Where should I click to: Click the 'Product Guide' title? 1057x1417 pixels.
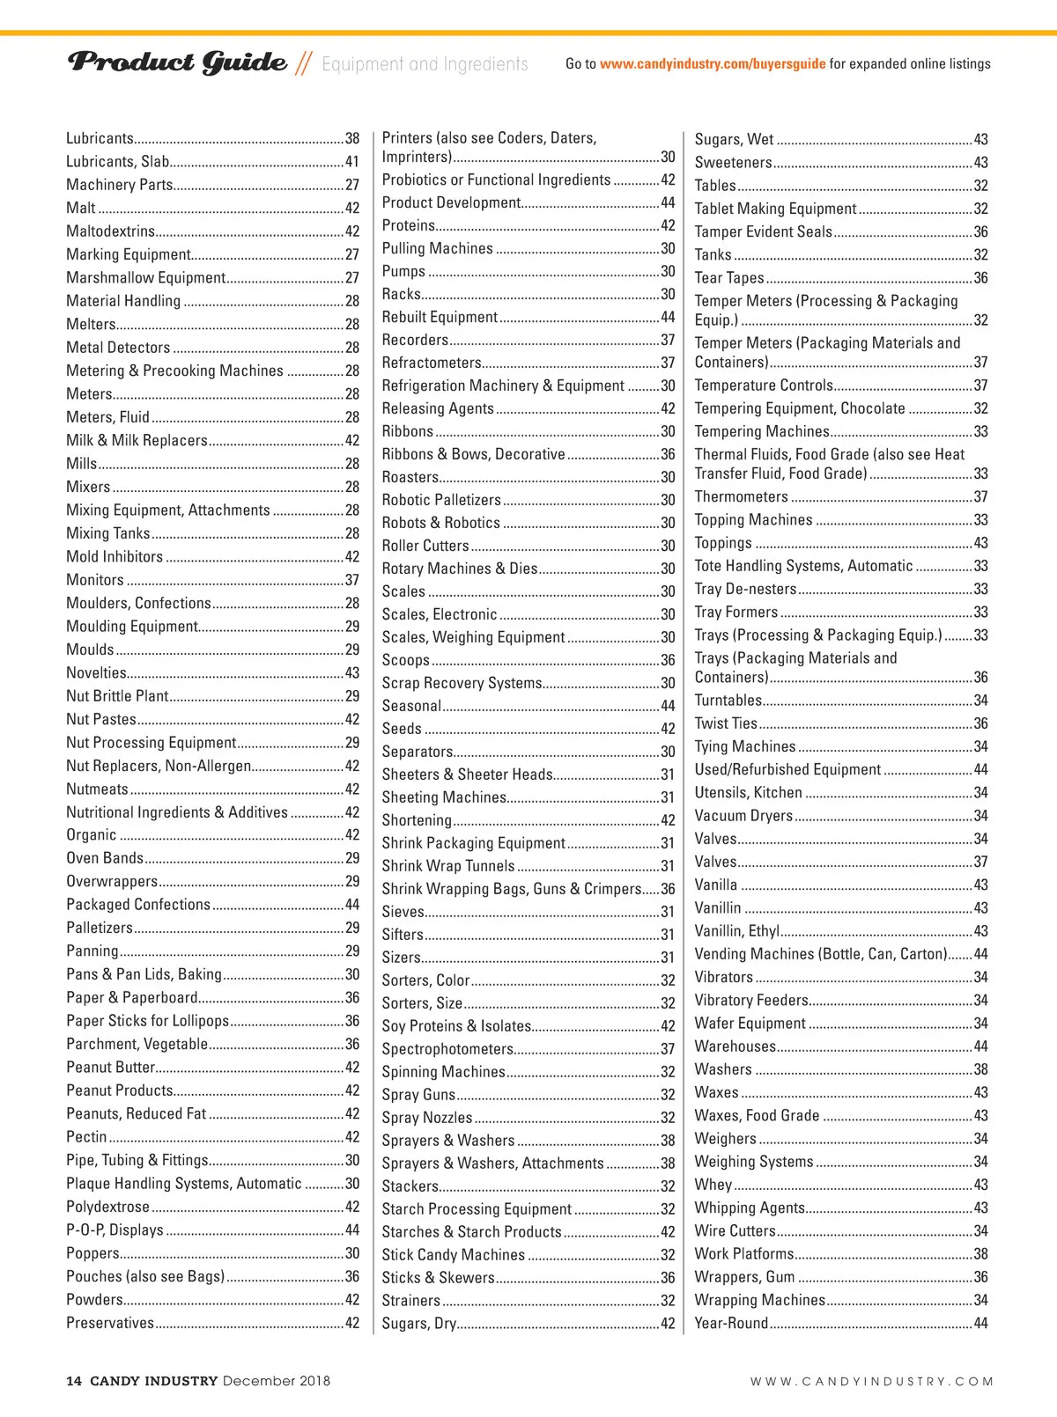(177, 62)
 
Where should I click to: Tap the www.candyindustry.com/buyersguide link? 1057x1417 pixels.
(713, 63)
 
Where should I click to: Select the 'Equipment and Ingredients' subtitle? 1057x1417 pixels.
(425, 64)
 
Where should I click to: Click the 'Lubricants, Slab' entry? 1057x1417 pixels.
(118, 162)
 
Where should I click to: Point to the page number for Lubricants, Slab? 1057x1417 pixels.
(352, 162)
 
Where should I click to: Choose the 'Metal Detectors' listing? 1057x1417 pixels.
(118, 348)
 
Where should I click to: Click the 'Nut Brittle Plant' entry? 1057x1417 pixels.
(117, 696)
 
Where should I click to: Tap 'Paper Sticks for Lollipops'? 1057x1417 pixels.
(147, 1021)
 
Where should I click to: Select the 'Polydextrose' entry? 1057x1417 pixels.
(107, 1207)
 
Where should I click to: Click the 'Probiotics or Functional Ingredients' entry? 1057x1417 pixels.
(496, 180)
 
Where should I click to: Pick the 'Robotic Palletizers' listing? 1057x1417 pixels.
(441, 500)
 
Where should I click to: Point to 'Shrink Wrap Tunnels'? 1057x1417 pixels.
(447, 866)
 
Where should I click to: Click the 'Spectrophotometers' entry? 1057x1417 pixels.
(447, 1049)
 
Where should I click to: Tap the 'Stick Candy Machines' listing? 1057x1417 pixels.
(453, 1255)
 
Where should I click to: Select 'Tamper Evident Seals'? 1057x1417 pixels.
(763, 231)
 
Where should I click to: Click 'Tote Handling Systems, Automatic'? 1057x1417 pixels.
(803, 566)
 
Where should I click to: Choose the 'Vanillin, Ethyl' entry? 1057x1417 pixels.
(736, 931)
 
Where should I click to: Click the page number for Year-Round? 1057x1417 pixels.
(980, 1324)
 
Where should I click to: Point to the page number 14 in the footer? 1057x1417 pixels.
(74, 1381)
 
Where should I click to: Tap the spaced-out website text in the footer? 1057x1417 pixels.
(871, 1382)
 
